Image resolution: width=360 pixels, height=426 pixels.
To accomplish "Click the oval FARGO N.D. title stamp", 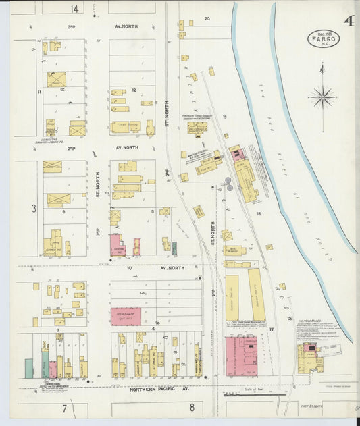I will click(324, 38).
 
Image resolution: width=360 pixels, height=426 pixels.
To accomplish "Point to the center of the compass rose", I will click(322, 97).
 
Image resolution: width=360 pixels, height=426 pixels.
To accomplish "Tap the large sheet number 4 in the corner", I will click(349, 21).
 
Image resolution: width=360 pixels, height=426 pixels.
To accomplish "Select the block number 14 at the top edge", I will click(74, 9).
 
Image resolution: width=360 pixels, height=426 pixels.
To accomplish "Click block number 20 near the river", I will click(207, 19).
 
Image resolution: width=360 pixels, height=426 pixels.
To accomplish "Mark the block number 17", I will click(272, 329).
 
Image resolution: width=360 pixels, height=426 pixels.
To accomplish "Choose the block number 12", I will click(134, 90).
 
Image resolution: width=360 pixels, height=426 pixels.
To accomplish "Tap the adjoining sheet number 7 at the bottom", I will click(65, 408).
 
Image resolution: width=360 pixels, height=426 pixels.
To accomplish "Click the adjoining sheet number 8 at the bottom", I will click(192, 407).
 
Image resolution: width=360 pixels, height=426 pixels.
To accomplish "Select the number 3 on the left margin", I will click(33, 209).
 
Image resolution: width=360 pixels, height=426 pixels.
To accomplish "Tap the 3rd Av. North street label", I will click(126, 26).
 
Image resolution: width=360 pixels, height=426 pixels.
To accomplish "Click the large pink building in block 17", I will click(240, 356).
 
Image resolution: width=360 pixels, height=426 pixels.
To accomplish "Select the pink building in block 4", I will click(126, 317).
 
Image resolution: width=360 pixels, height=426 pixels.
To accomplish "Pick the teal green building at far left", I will click(29, 368).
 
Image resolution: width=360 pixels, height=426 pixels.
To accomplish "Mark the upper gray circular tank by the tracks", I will click(228, 180).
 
